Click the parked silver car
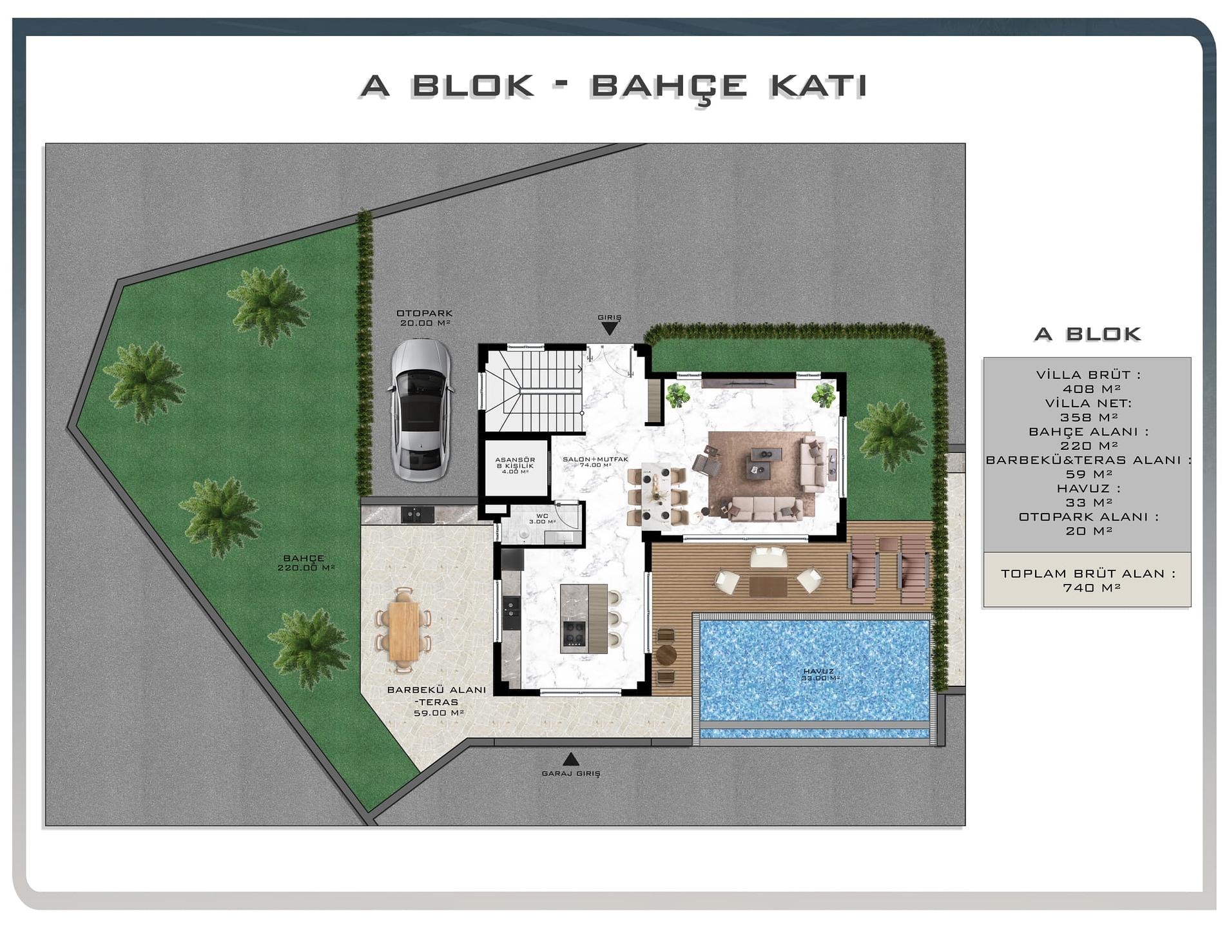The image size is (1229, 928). (420, 409)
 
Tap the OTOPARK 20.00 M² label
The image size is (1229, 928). (425, 318)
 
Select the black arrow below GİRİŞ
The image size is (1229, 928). (609, 329)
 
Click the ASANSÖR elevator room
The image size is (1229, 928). (516, 467)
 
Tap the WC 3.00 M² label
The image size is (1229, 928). (542, 519)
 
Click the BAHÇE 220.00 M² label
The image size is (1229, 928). (305, 563)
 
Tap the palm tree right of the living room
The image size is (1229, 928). (891, 436)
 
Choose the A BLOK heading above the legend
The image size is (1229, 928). (1087, 334)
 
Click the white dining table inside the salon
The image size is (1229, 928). (657, 495)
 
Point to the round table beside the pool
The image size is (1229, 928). (665, 655)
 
